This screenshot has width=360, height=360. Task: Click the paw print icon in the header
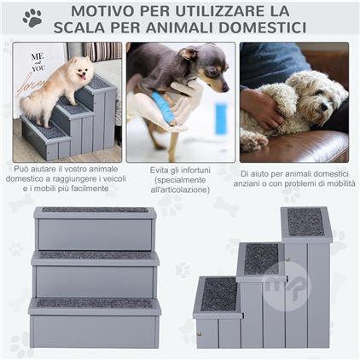click(x=32, y=18)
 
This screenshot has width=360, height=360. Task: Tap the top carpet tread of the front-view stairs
click(x=96, y=211)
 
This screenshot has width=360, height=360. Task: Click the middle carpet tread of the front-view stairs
click(x=96, y=255)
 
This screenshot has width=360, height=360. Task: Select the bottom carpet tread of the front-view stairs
click(x=96, y=303)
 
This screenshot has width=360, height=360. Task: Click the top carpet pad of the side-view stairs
click(x=305, y=221)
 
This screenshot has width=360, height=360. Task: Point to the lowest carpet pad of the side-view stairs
click(x=219, y=293)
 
